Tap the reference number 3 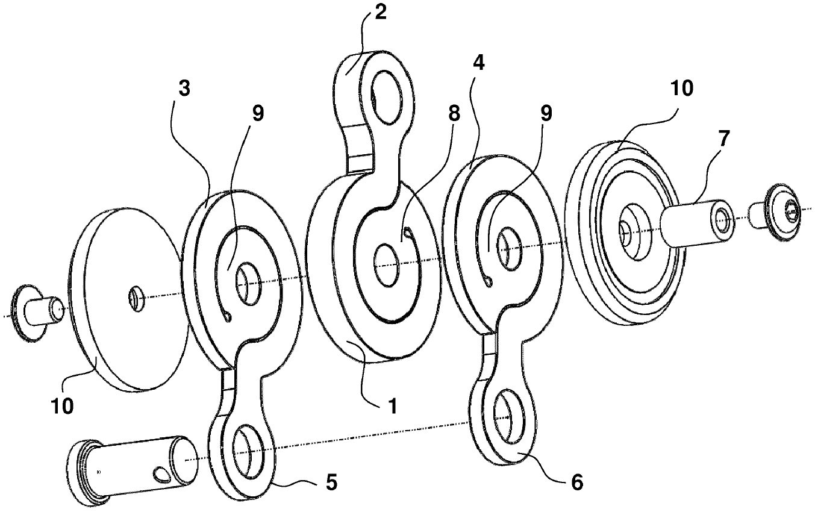184,88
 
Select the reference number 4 478,63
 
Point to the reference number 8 454,114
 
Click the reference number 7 723,139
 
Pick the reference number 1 392,406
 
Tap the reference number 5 331,482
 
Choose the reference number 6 576,482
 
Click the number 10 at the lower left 62,406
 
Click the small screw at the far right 775,214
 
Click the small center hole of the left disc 136,298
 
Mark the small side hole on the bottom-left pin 162,473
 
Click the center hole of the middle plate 386,265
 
